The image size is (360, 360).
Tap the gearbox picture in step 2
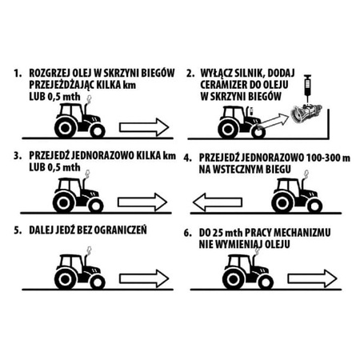[x=306, y=114]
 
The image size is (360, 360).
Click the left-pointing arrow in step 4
[x=218, y=202]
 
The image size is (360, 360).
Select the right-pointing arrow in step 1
[x=144, y=127]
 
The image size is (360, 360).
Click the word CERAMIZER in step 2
[x=224, y=85]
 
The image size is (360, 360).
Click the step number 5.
[x=18, y=230]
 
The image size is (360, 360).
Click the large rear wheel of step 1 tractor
[x=65, y=128]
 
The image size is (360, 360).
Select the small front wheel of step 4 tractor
[x=314, y=206]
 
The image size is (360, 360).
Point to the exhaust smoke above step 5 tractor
[x=90, y=250]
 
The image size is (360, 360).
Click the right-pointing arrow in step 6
[x=312, y=278]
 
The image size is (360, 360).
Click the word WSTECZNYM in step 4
[x=242, y=170]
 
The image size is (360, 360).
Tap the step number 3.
[x=18, y=156]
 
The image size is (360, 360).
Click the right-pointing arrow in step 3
[x=142, y=202]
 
